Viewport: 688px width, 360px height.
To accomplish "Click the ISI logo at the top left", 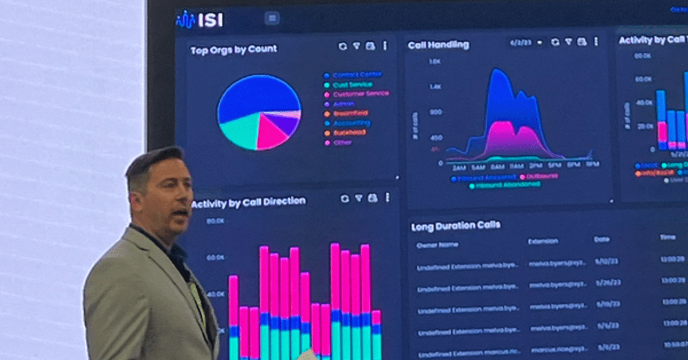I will [x=200, y=20].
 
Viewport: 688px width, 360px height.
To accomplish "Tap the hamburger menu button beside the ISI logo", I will [x=272, y=18].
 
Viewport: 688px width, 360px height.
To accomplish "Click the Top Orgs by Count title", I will [x=233, y=50].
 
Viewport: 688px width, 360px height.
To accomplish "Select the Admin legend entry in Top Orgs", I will [x=343, y=104].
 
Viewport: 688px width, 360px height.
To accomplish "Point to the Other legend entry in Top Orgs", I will [x=342, y=142].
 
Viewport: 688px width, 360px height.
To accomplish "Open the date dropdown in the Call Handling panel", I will [x=525, y=42].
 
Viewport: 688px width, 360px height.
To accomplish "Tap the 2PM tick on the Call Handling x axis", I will [x=535, y=167].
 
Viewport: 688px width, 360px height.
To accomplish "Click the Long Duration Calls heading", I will [x=455, y=226].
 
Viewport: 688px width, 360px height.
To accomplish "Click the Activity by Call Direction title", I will [x=249, y=202].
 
